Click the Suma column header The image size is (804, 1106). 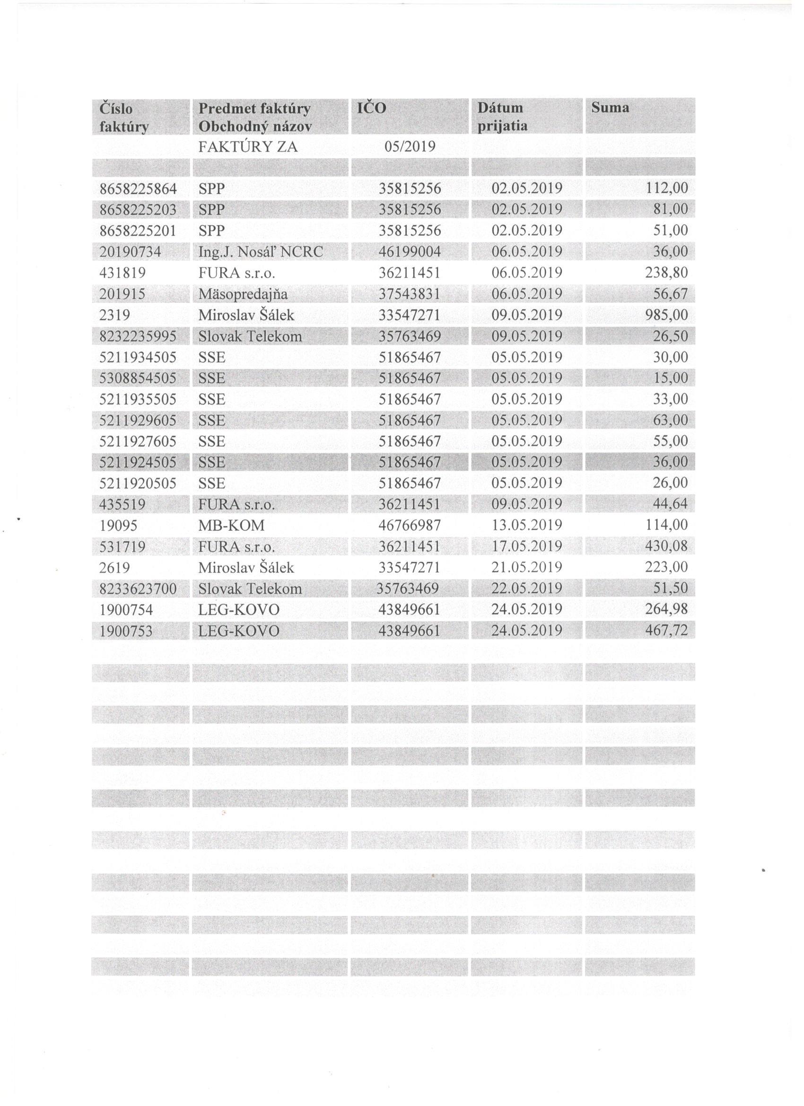point(610,108)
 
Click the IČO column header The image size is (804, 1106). point(372,108)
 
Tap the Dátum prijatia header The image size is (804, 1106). point(502,117)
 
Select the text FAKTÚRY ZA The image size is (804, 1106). point(248,147)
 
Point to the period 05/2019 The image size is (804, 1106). point(410,147)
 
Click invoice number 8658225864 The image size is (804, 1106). point(138,188)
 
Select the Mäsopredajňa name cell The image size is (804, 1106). point(243,294)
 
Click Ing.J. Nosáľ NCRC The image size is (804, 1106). point(261,252)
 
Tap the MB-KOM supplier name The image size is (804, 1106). point(232,525)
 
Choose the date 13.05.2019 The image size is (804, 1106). point(526,525)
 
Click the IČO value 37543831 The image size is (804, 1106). point(410,294)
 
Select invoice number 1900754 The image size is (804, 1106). point(126,610)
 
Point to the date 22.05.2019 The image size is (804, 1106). point(526,588)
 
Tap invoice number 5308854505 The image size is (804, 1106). point(138,378)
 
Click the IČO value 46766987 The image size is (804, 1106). point(410,525)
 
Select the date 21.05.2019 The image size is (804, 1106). point(526,568)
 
